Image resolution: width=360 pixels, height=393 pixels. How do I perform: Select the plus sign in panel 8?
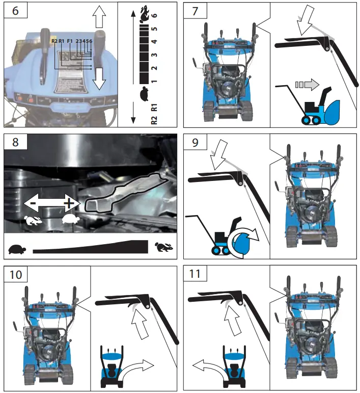pyautogui.click(x=68, y=204)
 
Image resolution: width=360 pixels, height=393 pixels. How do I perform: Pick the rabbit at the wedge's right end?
pyautogui.click(x=164, y=248)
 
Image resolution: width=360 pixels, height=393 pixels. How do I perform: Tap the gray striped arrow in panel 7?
pyautogui.click(x=307, y=83)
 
